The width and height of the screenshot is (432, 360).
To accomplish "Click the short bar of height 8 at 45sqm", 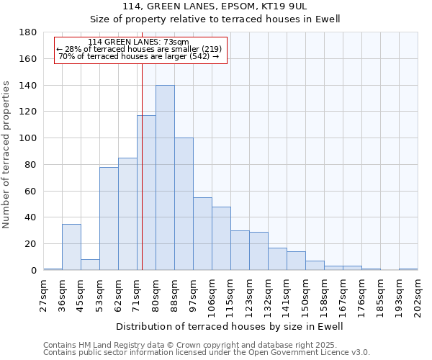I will [90, 264].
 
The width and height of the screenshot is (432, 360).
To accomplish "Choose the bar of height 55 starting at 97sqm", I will [202, 234].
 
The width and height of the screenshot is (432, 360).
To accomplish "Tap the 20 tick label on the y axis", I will [32, 244].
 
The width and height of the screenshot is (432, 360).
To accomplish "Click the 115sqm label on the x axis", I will [231, 295].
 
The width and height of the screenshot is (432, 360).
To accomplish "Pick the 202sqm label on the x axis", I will [418, 295].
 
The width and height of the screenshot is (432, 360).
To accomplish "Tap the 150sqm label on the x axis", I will [306, 295].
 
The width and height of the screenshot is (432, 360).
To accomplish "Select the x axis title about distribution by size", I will [229, 326].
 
